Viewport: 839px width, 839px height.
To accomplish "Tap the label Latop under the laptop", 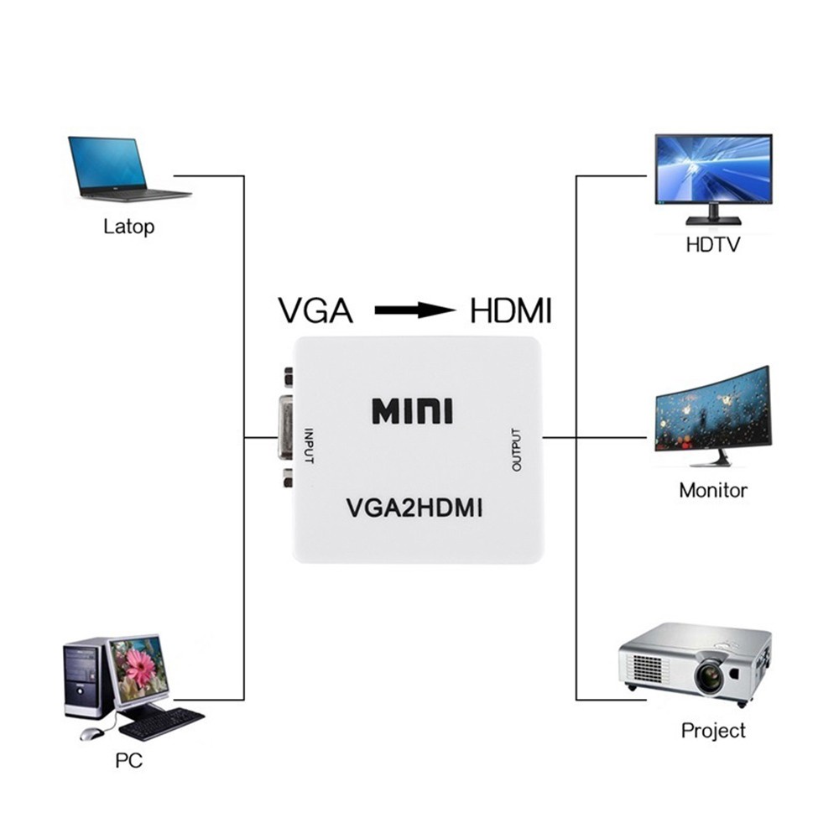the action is [x=129, y=227].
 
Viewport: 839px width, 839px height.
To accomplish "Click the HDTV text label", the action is [x=713, y=245].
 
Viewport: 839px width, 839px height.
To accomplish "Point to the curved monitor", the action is [x=712, y=416].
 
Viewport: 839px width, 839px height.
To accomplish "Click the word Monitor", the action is [x=713, y=490].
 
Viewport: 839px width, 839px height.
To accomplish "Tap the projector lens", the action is [x=711, y=675].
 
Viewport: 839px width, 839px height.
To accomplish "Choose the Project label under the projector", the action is [x=713, y=731].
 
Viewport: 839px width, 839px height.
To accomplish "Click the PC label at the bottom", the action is [x=129, y=760].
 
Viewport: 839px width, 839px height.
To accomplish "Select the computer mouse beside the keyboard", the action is [x=91, y=733].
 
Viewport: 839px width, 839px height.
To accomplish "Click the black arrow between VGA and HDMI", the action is [x=415, y=310].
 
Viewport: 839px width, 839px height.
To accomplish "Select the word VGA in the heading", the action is [x=315, y=310].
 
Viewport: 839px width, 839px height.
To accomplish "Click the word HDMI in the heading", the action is [x=511, y=310].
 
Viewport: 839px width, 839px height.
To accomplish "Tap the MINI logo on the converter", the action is [x=412, y=411].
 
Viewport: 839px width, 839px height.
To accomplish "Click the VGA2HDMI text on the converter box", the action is [x=414, y=508].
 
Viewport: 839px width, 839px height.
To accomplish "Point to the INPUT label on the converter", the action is [x=309, y=446].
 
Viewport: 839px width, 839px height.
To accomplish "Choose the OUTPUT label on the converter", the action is [x=516, y=450].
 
